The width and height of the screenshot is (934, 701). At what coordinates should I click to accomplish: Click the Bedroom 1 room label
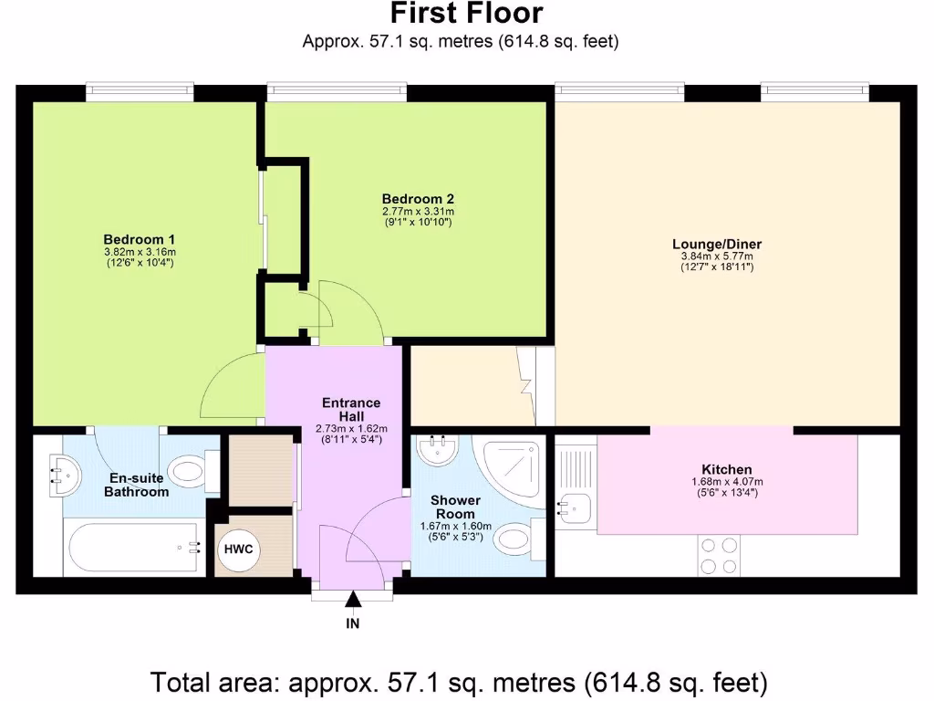[140, 240]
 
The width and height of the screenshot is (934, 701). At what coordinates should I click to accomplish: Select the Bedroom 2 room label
[418, 199]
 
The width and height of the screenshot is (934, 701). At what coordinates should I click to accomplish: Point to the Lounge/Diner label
[717, 244]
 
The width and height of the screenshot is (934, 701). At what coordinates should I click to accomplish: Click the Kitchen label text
[727, 469]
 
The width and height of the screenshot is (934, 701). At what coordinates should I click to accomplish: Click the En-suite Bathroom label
[136, 485]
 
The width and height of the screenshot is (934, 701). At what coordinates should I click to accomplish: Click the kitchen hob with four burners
[720, 556]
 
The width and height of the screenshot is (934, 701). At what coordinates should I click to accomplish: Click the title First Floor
[466, 14]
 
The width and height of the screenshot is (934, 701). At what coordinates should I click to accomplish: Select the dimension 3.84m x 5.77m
[717, 256]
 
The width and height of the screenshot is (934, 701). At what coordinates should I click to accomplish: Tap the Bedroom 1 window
[140, 91]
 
